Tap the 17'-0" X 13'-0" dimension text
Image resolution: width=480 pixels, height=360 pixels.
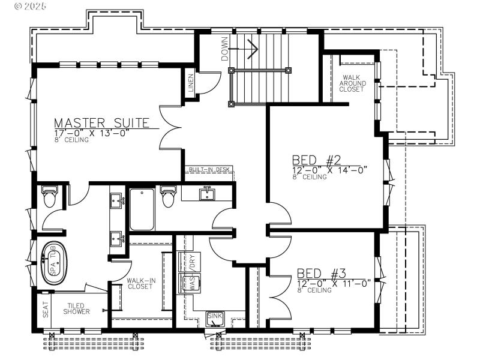click(92, 133)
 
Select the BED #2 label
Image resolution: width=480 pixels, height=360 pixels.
click(316, 160)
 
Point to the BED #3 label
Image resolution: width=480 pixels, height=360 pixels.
click(322, 273)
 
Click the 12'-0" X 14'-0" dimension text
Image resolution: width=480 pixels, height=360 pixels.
click(329, 170)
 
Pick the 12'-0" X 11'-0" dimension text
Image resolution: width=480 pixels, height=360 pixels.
click(334, 282)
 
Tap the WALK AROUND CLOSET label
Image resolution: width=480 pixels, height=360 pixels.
click(351, 83)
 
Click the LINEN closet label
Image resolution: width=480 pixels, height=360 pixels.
click(190, 82)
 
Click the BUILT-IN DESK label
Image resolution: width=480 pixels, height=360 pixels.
click(209, 170)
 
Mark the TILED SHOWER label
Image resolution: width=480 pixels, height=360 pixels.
click(78, 308)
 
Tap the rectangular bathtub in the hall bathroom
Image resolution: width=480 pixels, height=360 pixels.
click(142, 209)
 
